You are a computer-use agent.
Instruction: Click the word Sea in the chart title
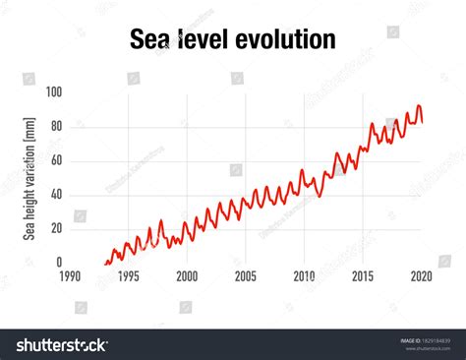[x=151, y=38]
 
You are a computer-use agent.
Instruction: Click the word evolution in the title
[x=286, y=38]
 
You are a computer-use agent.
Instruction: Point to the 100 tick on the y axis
[x=53, y=91]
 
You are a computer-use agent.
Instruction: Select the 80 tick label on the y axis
[x=56, y=126]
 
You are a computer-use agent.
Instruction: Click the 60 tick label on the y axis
[x=56, y=160]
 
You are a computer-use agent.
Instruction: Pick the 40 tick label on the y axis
[x=56, y=195]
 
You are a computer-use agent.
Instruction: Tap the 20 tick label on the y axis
[x=56, y=229]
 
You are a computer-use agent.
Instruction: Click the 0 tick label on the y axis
[x=59, y=263]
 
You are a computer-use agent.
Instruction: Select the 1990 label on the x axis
[x=70, y=277]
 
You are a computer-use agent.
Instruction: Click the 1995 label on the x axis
[x=129, y=277]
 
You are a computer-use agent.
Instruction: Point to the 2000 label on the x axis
[x=187, y=277]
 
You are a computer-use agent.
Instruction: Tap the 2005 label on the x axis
[x=246, y=277]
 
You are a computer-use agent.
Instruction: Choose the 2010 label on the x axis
[x=305, y=277]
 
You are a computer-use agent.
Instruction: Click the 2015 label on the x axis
[x=364, y=277]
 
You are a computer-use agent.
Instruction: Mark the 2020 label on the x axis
[x=422, y=277]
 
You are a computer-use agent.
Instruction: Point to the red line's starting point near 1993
[x=105, y=263]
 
